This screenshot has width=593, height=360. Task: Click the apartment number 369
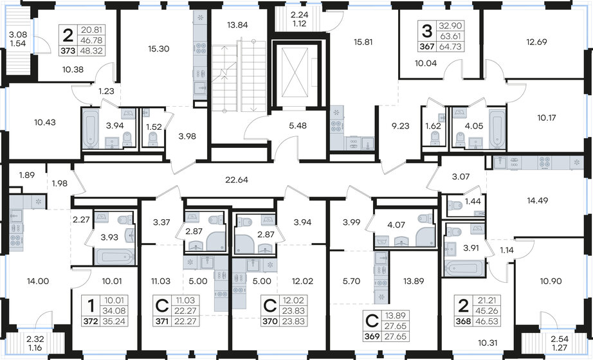click(x=371, y=336)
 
